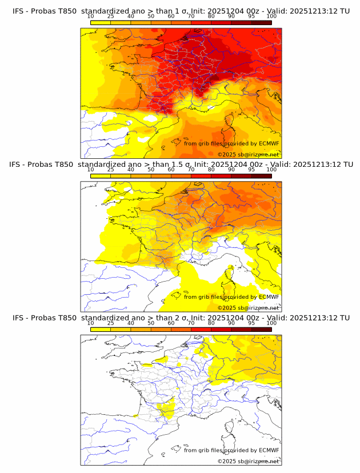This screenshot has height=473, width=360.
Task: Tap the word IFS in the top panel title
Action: click(x=19, y=11)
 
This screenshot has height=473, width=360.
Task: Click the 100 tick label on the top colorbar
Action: click(x=271, y=17)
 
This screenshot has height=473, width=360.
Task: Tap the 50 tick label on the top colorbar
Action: click(x=151, y=17)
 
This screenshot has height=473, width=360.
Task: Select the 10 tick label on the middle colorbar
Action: click(x=91, y=170)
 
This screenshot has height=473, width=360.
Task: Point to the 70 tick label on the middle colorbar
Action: click(x=191, y=170)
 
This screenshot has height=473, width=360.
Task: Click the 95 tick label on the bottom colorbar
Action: click(x=251, y=323)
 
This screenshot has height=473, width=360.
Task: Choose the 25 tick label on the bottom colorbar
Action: click(x=111, y=323)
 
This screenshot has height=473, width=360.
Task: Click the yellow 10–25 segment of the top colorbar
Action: click(x=101, y=23)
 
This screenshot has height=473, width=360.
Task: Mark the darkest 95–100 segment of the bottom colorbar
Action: click(x=261, y=329)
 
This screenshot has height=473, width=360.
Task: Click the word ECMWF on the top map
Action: click(x=269, y=143)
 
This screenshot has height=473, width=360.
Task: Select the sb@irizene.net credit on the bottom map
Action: click(x=251, y=461)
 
